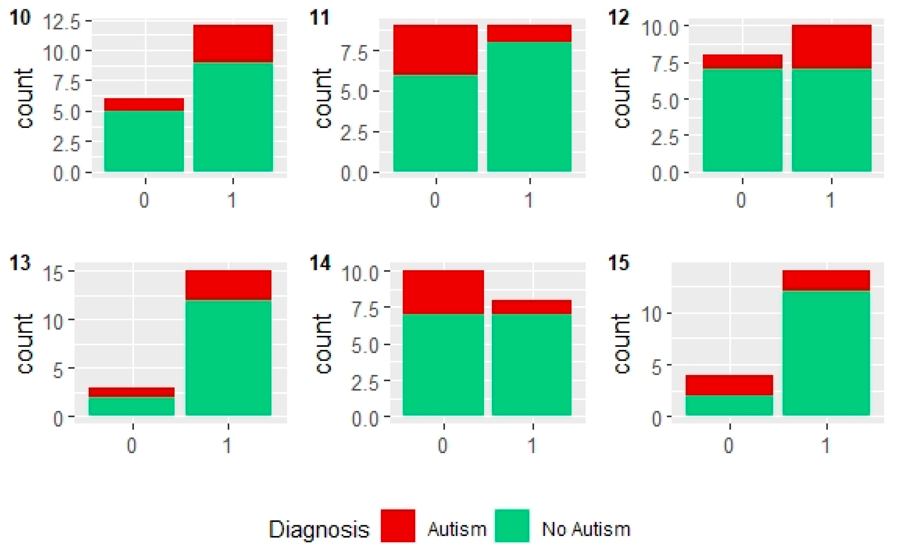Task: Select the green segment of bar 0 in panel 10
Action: [144, 141]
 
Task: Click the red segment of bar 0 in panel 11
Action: [435, 50]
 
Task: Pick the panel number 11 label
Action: [320, 18]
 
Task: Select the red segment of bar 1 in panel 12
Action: [831, 46]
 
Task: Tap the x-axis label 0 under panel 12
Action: [741, 200]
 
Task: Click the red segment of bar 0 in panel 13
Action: [131, 392]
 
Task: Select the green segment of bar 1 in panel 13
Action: [228, 357]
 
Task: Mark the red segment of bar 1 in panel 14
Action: [532, 307]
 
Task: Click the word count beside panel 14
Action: [323, 343]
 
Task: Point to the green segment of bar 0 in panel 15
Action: [729, 405]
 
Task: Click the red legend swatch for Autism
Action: [398, 525]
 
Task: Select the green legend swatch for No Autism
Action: [512, 525]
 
